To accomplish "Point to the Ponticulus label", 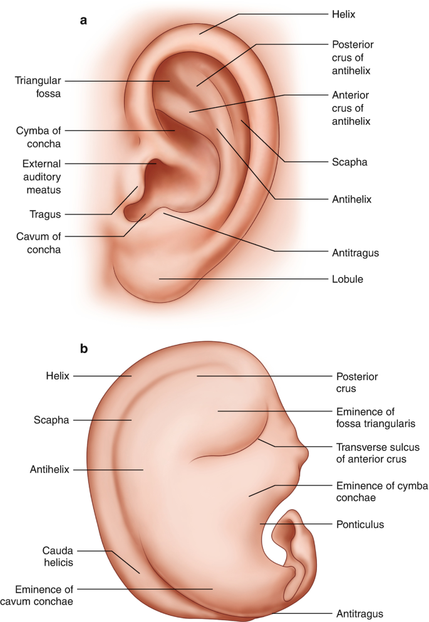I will pos(359,524).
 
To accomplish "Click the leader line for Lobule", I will pos(244,278).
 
